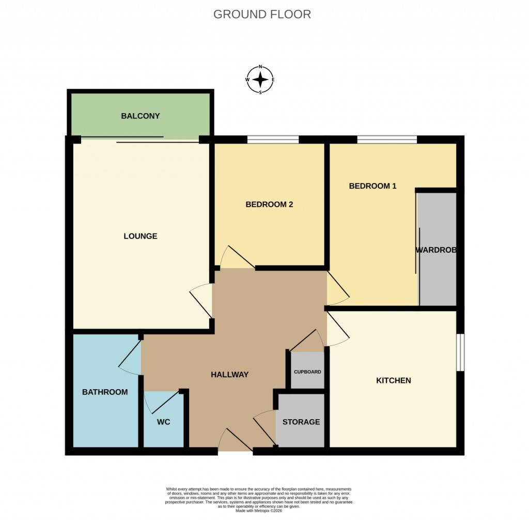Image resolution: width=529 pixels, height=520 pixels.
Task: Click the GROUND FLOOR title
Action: (262, 14)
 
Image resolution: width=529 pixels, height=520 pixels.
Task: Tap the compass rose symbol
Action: (260, 80)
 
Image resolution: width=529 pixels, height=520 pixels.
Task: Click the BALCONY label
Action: (140, 116)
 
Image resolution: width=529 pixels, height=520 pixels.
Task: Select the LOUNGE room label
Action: (140, 236)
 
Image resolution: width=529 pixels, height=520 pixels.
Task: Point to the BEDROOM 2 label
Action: (269, 204)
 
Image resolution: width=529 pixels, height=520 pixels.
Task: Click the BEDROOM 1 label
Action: (372, 186)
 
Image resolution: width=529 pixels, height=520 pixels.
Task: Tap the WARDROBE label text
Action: (437, 250)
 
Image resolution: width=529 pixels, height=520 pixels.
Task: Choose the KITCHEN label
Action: (393, 380)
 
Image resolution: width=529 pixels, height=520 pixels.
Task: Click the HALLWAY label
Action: (230, 375)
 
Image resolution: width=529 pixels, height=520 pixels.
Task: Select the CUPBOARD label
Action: (307, 372)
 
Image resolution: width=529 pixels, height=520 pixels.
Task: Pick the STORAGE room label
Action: (301, 422)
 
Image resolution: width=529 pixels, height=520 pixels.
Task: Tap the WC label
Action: (163, 422)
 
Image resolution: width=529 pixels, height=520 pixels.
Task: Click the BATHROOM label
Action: (105, 392)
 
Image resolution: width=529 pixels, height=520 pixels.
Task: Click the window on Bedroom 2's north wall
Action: (273, 139)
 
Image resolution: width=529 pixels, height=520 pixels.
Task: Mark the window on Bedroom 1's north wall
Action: (386, 139)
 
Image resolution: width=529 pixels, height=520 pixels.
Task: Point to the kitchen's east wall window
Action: (460, 352)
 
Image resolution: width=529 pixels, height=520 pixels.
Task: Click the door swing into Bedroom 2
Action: (237, 257)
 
